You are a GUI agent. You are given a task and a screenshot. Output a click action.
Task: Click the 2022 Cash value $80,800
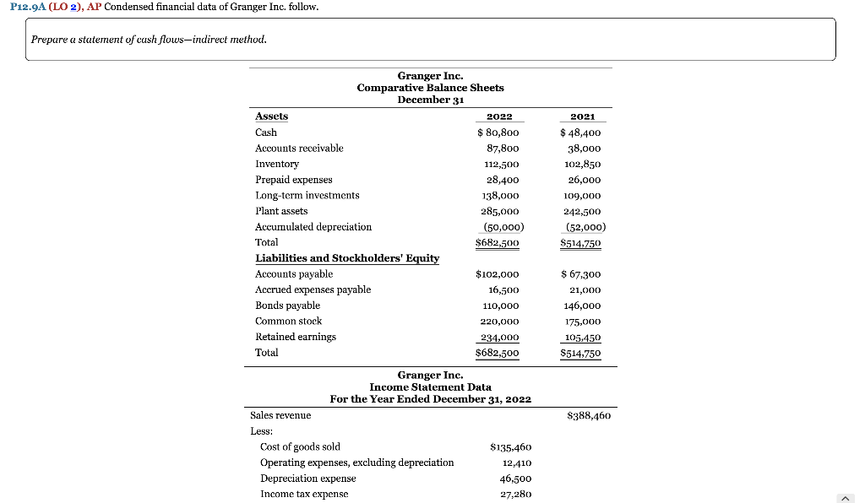498,133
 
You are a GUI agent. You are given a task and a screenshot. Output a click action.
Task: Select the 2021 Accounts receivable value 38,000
584,149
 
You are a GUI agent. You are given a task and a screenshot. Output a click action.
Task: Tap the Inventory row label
277,164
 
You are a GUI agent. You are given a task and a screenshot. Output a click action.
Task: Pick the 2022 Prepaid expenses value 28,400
503,180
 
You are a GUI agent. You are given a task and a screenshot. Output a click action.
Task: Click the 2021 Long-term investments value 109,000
584,196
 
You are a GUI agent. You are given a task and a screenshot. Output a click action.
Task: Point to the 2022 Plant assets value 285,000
499,211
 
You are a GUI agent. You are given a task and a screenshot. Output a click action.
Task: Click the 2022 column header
500,116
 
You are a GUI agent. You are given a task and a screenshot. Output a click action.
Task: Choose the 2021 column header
583,116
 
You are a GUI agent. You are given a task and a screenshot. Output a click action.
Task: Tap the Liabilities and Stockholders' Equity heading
347,258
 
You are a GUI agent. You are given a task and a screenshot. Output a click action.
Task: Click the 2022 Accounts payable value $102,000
498,274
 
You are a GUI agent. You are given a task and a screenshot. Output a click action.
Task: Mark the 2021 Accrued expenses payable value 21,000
584,290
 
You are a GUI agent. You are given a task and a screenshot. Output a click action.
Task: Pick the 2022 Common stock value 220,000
499,322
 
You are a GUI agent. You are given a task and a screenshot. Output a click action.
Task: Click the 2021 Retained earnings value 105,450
581,338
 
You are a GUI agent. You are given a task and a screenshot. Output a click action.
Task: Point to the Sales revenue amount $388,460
590,415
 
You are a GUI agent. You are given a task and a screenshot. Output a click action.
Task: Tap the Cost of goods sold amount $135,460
511,447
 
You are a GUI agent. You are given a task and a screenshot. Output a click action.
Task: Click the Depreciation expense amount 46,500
514,479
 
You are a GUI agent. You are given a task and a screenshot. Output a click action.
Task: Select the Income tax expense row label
304,494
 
